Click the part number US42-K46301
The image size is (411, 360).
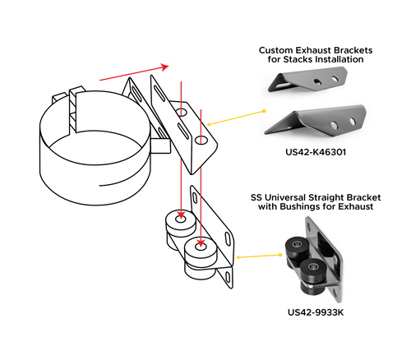coord(316,152)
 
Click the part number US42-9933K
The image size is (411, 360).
coord(316,312)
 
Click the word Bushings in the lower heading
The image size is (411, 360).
coord(312,208)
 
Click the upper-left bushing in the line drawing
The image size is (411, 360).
coord(180,223)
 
